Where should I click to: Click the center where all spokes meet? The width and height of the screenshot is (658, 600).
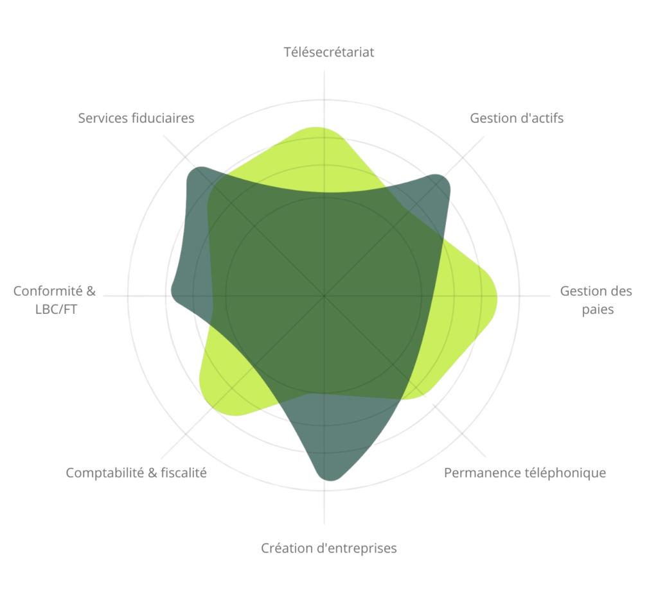[x=325, y=296]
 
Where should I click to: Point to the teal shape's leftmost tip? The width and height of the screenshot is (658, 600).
[x=171, y=292]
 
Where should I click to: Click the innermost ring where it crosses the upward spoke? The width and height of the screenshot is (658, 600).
[x=325, y=197]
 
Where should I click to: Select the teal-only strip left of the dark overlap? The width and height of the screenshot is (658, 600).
[x=191, y=257]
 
